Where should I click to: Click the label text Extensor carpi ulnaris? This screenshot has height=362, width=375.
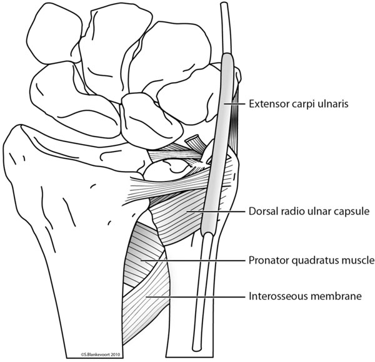[x=299, y=104]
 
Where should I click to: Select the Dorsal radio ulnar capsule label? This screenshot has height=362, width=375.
[x=309, y=211]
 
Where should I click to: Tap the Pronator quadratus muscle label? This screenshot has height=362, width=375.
[x=311, y=260]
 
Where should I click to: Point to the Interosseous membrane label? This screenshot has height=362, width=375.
[x=305, y=296]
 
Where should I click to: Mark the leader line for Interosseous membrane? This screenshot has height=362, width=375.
[x=196, y=297]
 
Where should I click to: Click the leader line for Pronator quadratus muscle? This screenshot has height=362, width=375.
[x=192, y=261]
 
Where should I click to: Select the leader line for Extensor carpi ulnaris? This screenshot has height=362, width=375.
[x=234, y=104]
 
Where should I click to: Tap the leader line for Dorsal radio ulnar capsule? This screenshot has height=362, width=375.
[x=216, y=212]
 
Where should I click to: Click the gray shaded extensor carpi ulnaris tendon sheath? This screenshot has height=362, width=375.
[x=218, y=144]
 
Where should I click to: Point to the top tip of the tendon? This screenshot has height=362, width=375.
[x=224, y=4]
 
